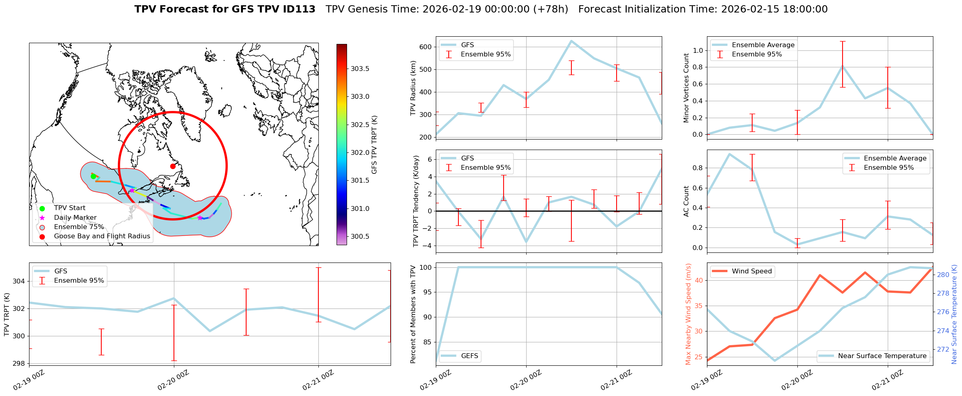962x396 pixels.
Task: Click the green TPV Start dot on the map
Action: pos(93,176)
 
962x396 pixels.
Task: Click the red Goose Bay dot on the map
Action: pos(173,166)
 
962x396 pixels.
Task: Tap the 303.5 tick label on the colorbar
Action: pos(360,69)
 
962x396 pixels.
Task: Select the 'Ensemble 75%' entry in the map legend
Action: pos(79,227)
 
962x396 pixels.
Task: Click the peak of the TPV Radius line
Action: pos(571,41)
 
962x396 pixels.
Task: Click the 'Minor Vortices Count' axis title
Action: pos(686,88)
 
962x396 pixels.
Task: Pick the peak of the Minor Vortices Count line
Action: pos(843,65)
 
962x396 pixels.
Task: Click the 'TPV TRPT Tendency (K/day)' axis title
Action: pos(416,201)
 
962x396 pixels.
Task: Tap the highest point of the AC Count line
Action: pos(730,154)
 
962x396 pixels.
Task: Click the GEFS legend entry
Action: pos(469,356)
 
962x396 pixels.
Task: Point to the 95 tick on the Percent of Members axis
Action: pos(427,292)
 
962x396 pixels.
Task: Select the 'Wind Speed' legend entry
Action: pos(751,271)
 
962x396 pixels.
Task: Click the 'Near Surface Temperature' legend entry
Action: pos(882,356)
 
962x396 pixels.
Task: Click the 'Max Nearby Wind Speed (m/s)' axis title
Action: pos(688,314)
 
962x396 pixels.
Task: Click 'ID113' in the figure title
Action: pos(299,9)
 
